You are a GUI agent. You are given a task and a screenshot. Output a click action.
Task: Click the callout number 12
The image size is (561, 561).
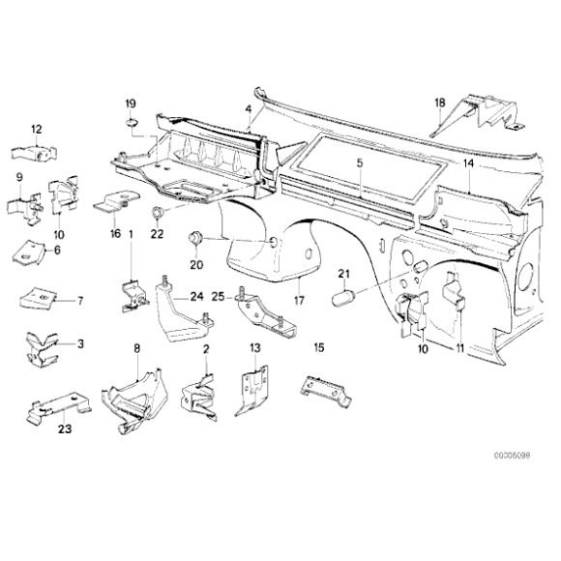36,129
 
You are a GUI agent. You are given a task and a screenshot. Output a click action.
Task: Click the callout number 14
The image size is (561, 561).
467,164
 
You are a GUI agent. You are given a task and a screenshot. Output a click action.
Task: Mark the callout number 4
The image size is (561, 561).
249,108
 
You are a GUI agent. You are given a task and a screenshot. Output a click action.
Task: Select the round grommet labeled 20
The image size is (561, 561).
193,237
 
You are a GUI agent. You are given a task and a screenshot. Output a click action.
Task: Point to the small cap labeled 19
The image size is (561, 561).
132,122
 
